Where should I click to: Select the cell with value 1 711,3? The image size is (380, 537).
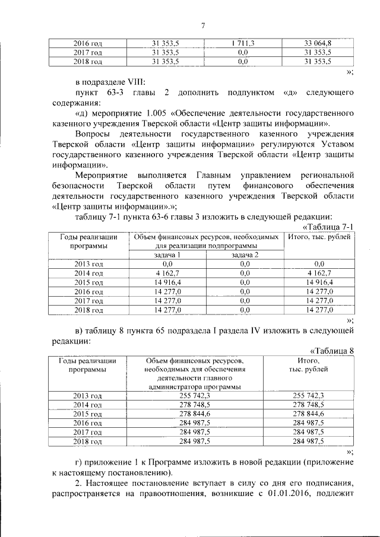click(242, 43)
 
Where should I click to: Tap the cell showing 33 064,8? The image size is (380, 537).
click(318, 43)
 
